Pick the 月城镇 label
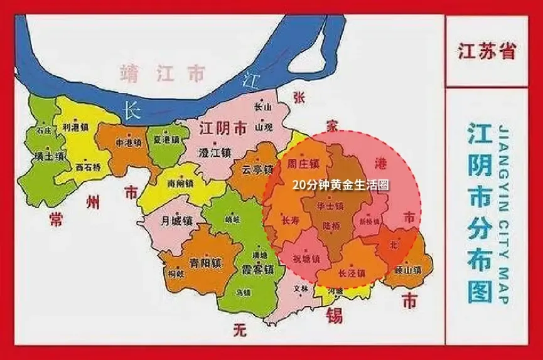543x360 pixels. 173,221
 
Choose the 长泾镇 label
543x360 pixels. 351,274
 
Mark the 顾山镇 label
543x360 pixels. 407,270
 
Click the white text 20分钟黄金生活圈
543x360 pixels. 341,186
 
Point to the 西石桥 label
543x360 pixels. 87,167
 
